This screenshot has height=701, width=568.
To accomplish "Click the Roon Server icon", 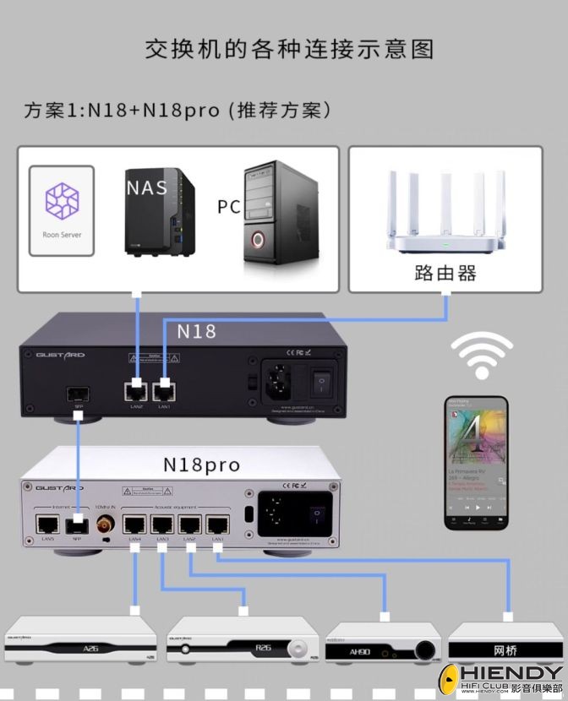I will [x=61, y=203].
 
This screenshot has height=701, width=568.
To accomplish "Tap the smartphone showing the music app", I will [x=477, y=463].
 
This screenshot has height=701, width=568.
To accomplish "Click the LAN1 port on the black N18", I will [x=163, y=389].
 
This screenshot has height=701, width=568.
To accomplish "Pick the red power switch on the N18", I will [x=320, y=383].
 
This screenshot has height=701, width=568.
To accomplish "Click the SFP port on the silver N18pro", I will [x=77, y=522].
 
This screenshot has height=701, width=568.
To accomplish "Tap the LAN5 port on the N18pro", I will [x=46, y=522].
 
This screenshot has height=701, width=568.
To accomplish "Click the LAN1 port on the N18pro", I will [x=217, y=524].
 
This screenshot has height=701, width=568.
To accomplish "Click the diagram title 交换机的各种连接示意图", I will [x=288, y=49].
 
